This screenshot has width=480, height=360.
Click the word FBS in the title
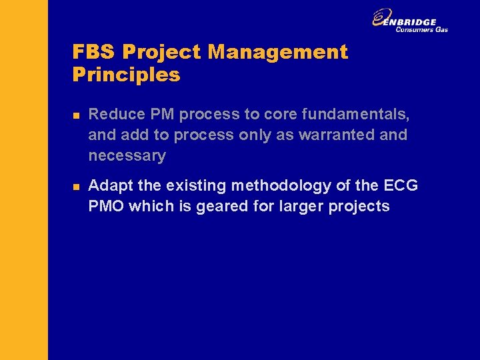click(x=94, y=52)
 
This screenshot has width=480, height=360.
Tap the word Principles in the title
click(x=126, y=75)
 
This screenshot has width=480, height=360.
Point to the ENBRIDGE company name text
click(x=414, y=22)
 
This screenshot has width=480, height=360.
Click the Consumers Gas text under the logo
click(x=421, y=29)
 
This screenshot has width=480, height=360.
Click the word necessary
click(x=127, y=156)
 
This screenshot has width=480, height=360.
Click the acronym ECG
click(x=401, y=185)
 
